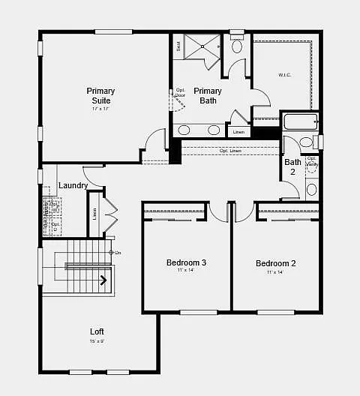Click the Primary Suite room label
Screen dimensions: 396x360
point(100,95)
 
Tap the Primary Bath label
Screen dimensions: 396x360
point(208,95)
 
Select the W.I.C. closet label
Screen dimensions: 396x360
point(285,75)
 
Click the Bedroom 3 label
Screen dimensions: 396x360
point(186,262)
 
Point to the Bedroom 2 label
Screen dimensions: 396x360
point(276,263)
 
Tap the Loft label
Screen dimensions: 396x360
point(97,331)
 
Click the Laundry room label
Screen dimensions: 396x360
point(73,185)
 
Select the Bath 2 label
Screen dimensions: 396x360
point(292,166)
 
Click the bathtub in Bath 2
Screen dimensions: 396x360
point(301,121)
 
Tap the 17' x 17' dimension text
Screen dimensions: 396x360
point(100,109)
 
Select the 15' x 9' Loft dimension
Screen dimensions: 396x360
point(97,341)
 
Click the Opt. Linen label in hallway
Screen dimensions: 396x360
point(230,151)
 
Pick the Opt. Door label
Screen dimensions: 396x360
point(180,93)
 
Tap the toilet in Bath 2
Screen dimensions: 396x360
point(306,142)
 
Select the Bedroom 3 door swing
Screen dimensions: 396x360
point(218,212)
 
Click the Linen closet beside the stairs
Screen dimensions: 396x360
point(94,213)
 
